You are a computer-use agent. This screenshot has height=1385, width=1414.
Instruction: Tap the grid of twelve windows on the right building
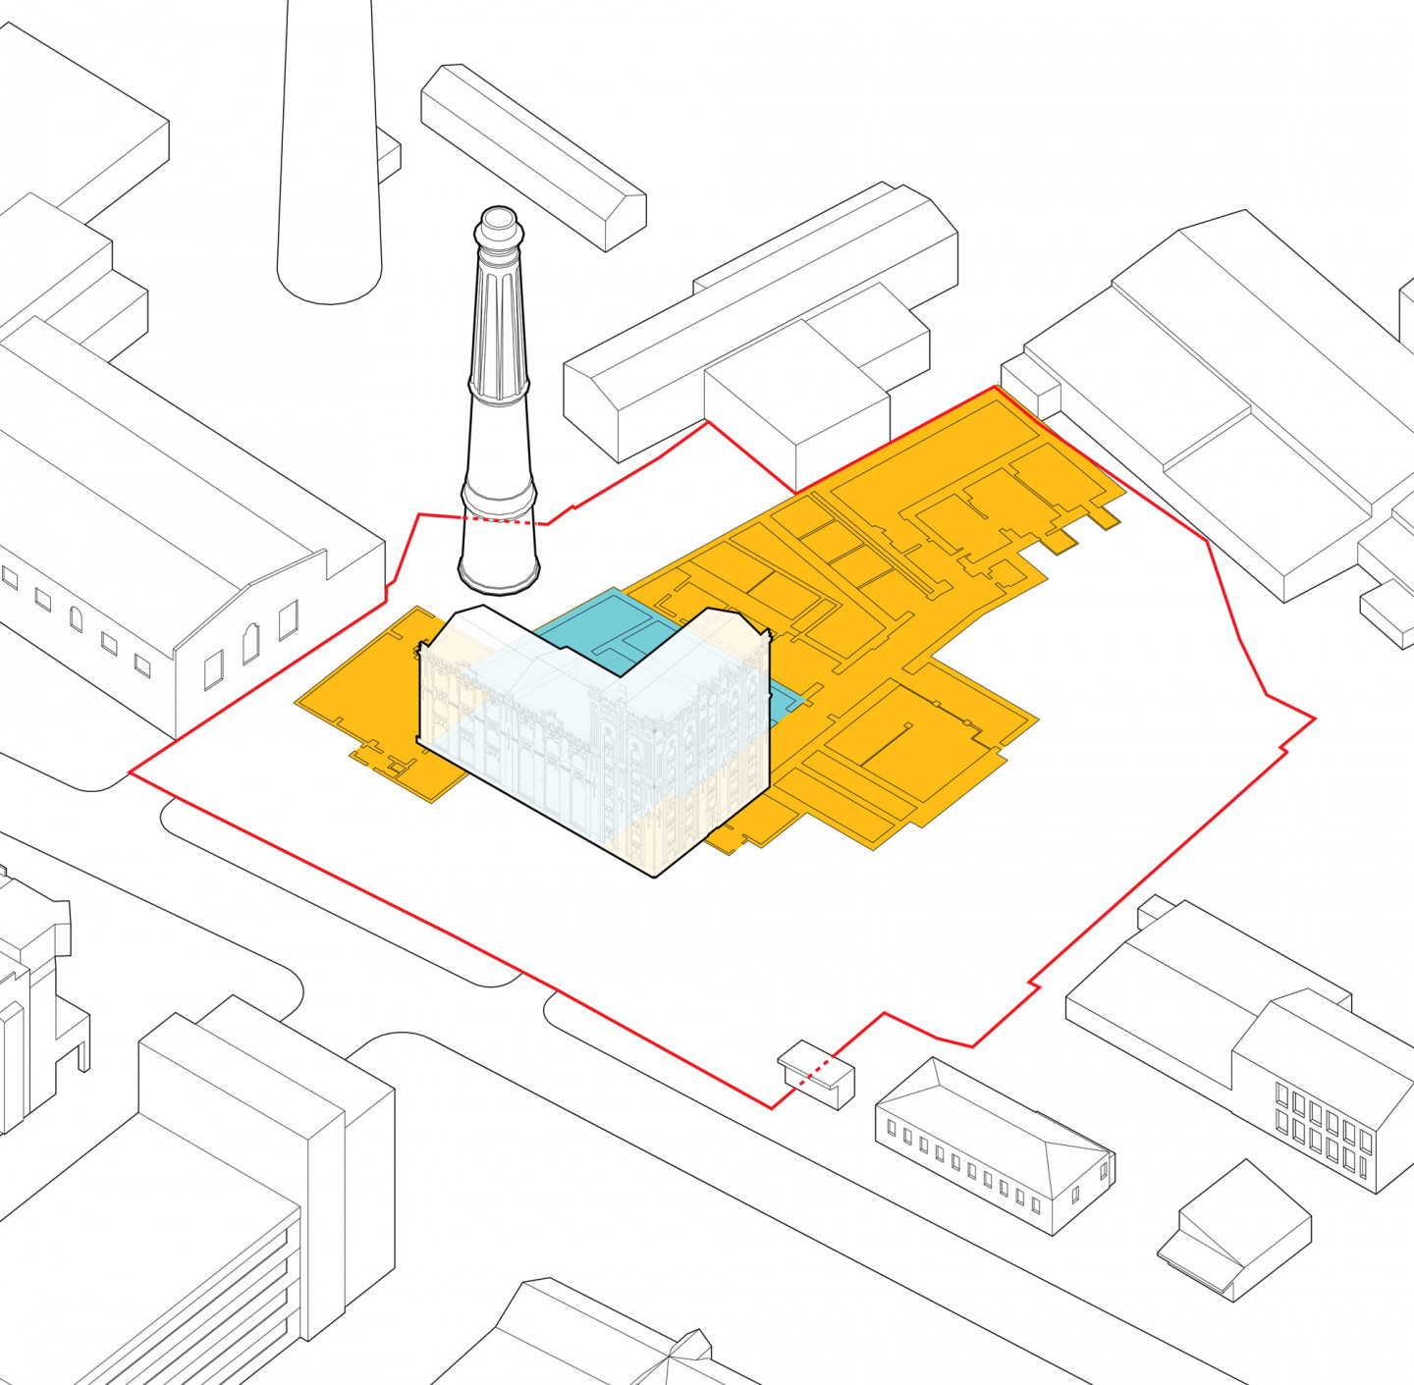coord(1323,1128)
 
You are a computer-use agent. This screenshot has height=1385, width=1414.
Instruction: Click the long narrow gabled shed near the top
coord(533,154)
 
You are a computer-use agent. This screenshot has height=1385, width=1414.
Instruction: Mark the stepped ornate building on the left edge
coord(34,991)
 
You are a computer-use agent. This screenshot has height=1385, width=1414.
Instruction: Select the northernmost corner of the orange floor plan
coord(995,389)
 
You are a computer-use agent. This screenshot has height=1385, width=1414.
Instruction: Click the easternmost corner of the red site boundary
coord(1314,719)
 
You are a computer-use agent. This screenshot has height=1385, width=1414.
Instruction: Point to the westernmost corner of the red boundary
coord(131,773)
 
